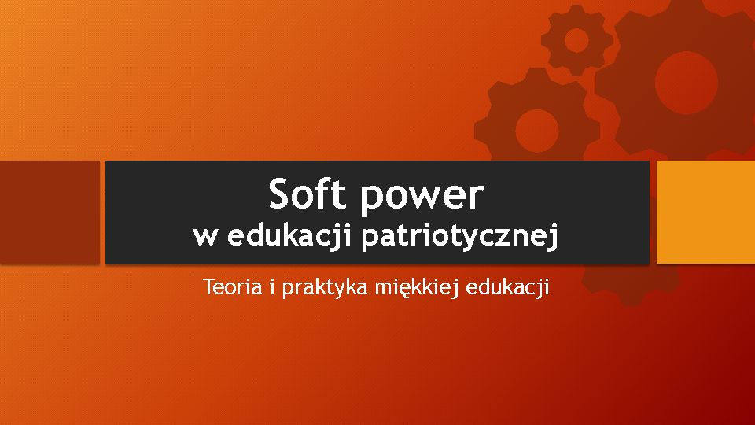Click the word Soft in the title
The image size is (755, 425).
308,194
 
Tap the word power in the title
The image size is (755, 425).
422,198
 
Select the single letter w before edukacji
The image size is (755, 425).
204,237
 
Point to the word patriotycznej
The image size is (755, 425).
460,237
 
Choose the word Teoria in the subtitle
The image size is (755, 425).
233,286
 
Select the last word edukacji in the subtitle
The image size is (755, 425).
507,288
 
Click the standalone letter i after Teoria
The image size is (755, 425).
272,286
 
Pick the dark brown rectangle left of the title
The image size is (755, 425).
50,212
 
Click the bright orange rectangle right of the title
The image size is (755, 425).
706,212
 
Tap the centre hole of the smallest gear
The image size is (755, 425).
576,40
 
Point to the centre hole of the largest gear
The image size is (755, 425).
686,83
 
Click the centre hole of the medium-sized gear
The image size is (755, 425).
537,131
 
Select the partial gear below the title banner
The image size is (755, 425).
631,284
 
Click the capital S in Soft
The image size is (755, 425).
281,194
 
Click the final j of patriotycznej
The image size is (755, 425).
553,238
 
